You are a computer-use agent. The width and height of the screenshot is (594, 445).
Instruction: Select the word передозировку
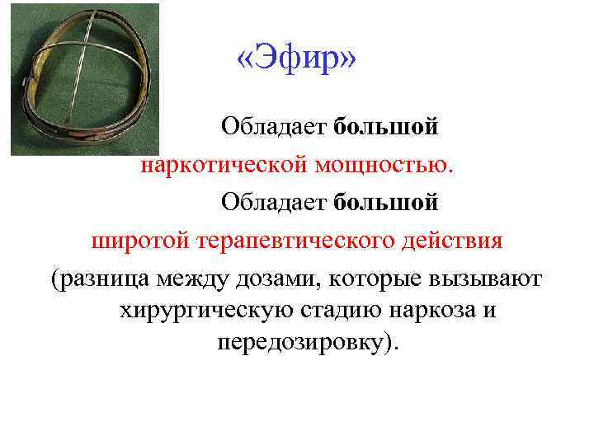pyautogui.click(x=300, y=342)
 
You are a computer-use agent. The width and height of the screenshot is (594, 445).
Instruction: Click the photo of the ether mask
pyautogui.click(x=82, y=78)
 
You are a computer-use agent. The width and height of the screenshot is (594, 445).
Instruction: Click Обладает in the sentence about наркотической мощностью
pyautogui.click(x=273, y=128)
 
